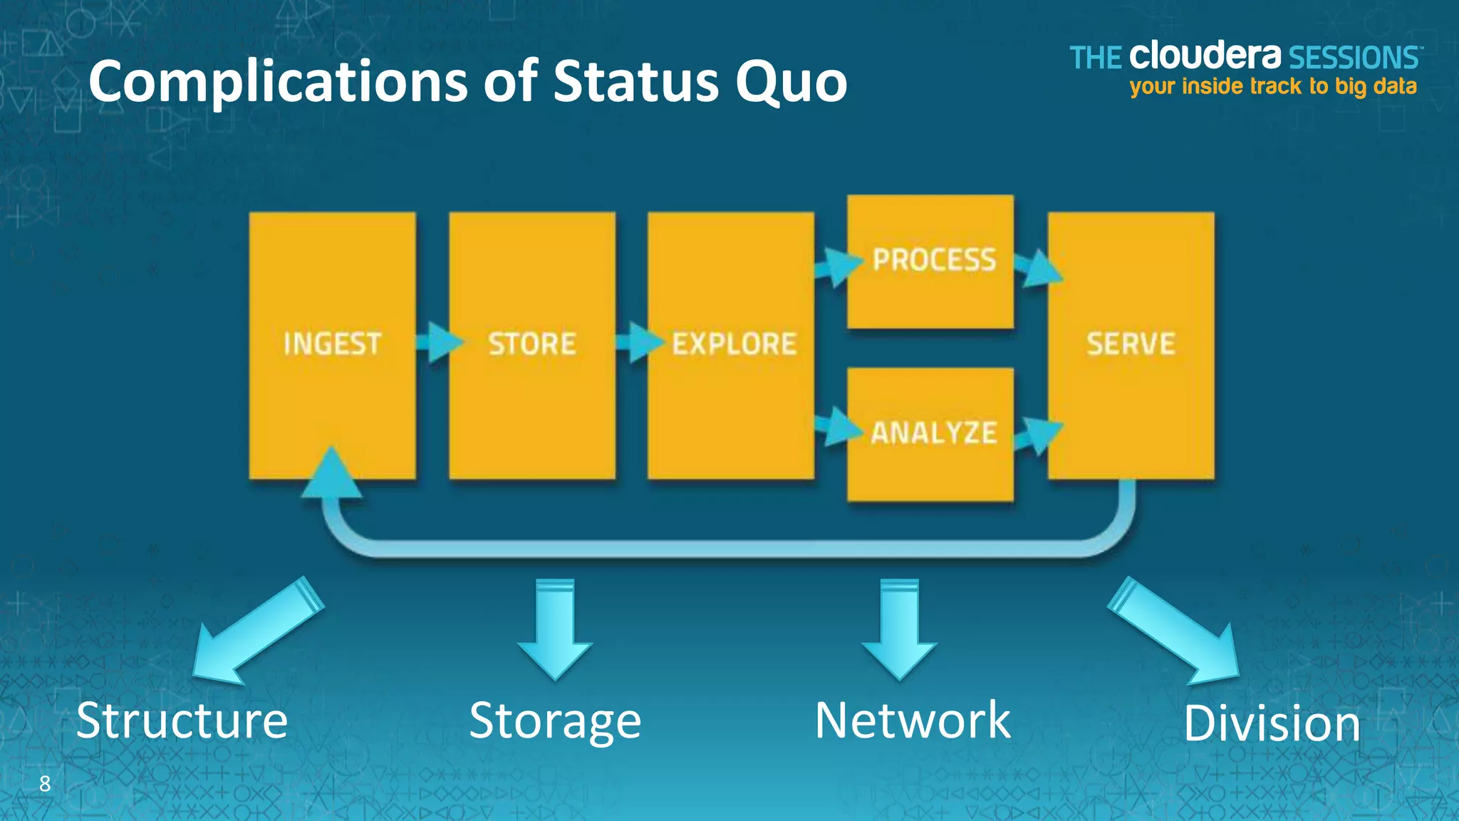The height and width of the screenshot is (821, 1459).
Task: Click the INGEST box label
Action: pyautogui.click(x=332, y=344)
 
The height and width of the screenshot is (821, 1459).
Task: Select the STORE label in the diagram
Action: pyautogui.click(x=532, y=344)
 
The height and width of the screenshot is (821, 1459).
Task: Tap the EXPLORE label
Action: pyautogui.click(x=734, y=344)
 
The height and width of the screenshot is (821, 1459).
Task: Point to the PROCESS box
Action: pyautogui.click(x=933, y=260)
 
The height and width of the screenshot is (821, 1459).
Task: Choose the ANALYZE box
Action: pyautogui.click(x=933, y=433)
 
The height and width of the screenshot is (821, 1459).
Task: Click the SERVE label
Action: pyautogui.click(x=1131, y=344)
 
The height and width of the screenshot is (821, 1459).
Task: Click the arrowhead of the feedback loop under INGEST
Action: pyautogui.click(x=331, y=473)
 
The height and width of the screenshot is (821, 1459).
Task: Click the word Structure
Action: pyautogui.click(x=182, y=721)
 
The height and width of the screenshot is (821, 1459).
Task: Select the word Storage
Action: pyautogui.click(x=555, y=721)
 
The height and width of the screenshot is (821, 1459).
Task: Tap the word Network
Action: pyautogui.click(x=913, y=721)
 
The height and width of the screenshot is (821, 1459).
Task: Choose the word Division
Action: pyautogui.click(x=1272, y=723)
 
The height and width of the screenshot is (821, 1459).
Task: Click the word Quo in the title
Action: pyautogui.click(x=791, y=82)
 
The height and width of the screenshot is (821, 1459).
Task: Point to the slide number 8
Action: pyautogui.click(x=45, y=784)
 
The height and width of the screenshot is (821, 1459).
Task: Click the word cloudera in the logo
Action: pyautogui.click(x=1205, y=56)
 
